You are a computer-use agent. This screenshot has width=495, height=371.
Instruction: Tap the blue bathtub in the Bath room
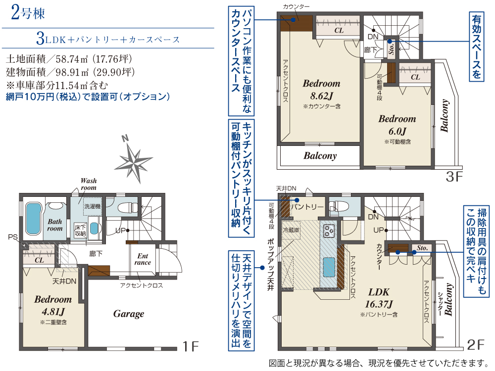34,219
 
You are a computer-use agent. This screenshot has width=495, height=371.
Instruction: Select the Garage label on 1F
129,314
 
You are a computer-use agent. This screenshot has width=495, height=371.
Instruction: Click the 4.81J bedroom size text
53,312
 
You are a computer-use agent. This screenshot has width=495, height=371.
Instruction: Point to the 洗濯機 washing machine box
92,207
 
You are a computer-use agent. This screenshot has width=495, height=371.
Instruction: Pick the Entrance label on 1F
143,259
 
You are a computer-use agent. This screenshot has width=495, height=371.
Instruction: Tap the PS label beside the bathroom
13,237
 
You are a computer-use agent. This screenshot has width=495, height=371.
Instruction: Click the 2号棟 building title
28,13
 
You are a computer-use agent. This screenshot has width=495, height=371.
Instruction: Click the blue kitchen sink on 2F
329,267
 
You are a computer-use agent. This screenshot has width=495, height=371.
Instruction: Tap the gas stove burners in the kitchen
329,231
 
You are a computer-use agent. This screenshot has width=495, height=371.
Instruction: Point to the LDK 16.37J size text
379,298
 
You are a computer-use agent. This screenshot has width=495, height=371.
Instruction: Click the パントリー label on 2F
307,207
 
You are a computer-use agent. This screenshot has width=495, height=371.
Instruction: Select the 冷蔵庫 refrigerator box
291,231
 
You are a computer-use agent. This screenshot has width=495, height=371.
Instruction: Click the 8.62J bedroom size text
321,96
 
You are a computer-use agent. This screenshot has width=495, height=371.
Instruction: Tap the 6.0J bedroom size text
397,131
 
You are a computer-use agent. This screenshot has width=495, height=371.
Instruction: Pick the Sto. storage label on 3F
392,48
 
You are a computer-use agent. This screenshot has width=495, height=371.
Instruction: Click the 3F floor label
454,177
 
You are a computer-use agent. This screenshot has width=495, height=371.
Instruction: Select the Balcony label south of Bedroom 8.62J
320,155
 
